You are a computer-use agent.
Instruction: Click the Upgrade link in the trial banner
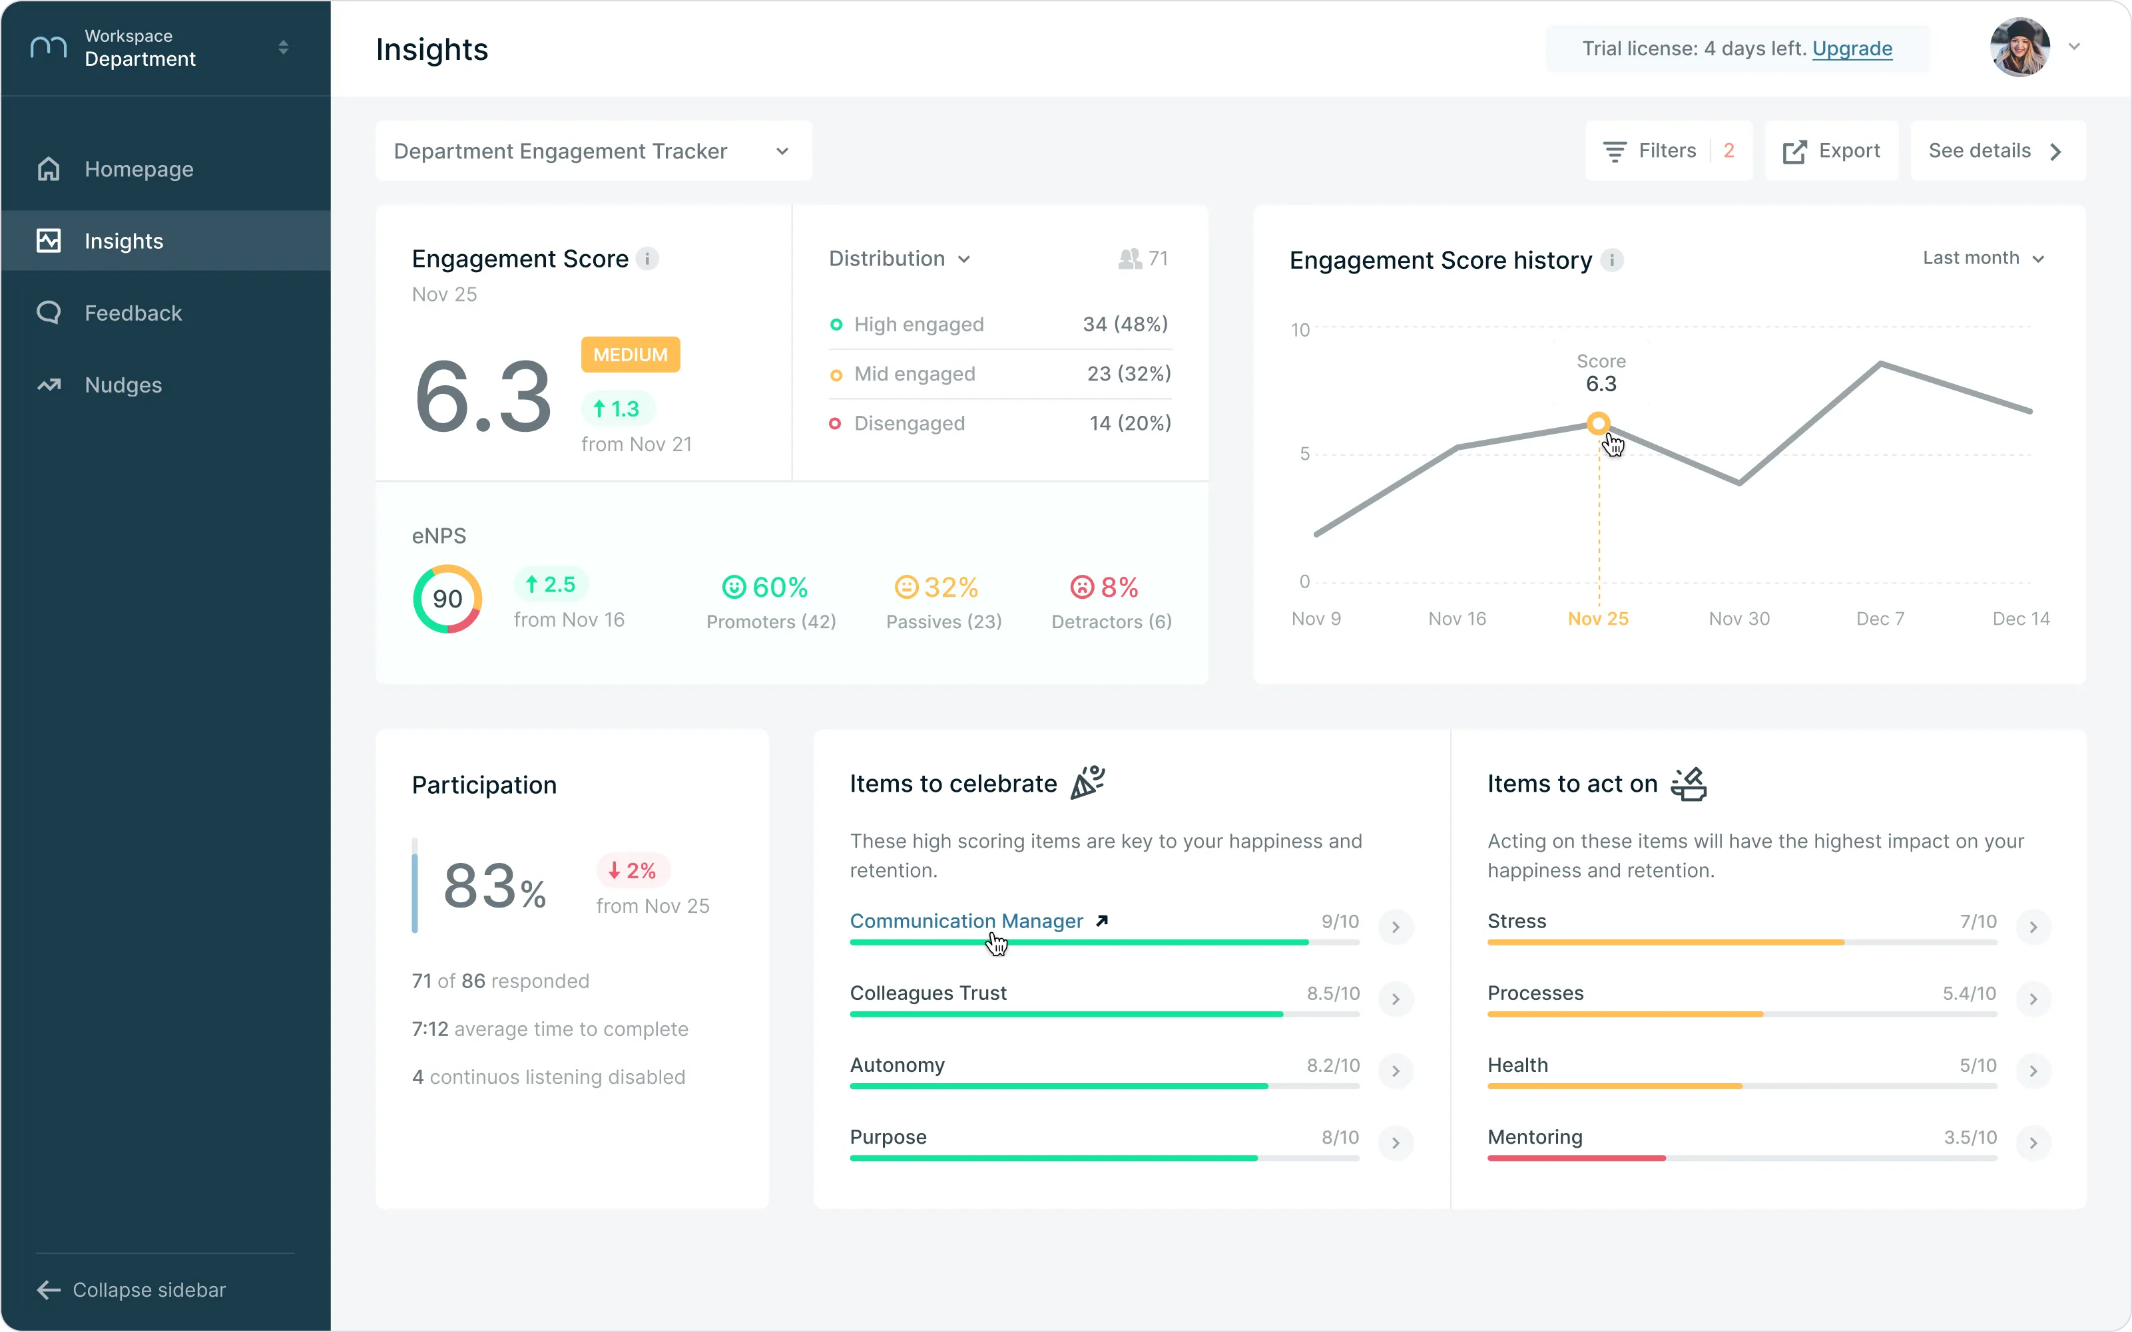[x=1852, y=49]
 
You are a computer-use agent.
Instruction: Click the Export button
[x=1832, y=150]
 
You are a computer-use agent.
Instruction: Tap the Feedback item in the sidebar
[x=133, y=313]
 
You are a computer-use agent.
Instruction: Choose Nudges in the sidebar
[x=123, y=385]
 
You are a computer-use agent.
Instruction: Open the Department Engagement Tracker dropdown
[x=593, y=150]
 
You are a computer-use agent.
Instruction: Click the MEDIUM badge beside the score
[x=630, y=354]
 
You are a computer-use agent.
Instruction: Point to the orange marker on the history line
[x=1598, y=424]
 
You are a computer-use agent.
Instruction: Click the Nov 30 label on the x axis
[x=1739, y=619]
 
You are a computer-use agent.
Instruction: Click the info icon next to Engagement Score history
[x=1612, y=260]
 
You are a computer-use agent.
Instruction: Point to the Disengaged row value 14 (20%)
[x=1130, y=423]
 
